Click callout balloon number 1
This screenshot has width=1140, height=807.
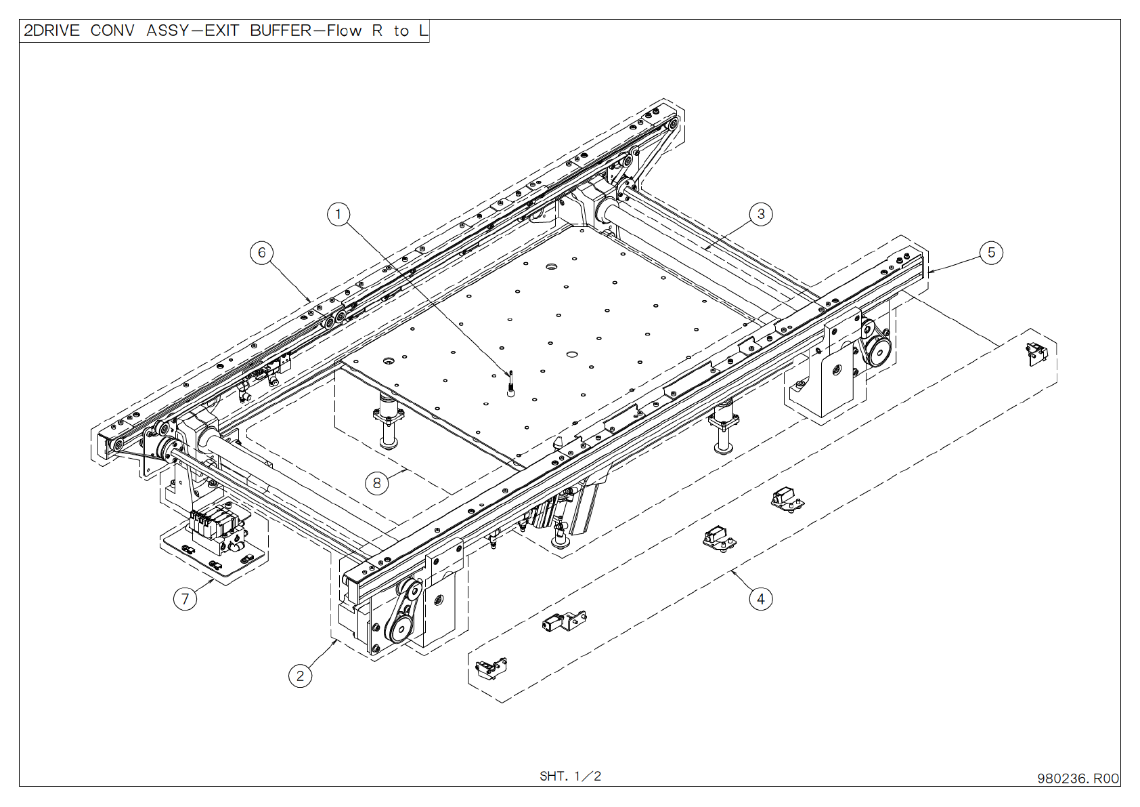tap(338, 215)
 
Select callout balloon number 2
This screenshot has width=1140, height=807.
tap(300, 676)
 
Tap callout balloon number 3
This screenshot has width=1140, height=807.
tap(761, 214)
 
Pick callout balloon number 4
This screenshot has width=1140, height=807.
tap(761, 599)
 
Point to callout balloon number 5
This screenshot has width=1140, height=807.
tap(991, 253)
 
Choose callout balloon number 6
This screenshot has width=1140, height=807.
tap(262, 253)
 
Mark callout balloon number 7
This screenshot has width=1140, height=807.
tap(185, 599)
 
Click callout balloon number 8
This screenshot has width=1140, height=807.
tap(376, 483)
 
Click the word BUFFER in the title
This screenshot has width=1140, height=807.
tap(281, 30)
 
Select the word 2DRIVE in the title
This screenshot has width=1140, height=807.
tap(51, 30)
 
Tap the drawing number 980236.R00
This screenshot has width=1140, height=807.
tap(1078, 779)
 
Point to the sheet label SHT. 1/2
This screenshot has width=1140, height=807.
tap(570, 776)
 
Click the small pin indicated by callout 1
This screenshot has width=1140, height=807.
tap(511, 383)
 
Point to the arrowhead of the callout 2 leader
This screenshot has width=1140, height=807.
tap(336, 640)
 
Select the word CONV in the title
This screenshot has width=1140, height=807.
tap(112, 30)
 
